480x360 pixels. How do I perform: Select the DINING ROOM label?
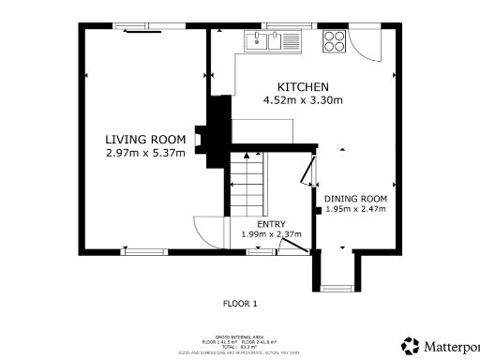[355, 199]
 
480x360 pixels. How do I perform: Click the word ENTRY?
[271, 223]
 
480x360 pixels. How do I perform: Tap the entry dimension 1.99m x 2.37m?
[271, 234]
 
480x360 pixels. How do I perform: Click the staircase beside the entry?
[247, 184]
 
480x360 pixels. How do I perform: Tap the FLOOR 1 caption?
[240, 303]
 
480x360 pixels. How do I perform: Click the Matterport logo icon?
[411, 345]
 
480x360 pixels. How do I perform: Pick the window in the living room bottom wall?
[143, 250]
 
